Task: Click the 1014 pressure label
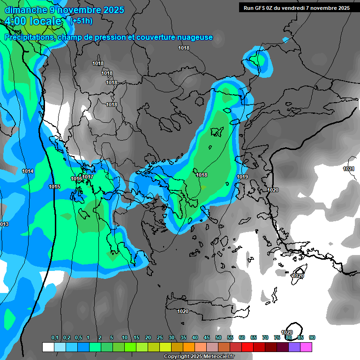28,172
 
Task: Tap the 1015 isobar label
54,187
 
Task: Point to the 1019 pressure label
242,177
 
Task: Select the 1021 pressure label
349,169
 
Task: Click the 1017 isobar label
88,177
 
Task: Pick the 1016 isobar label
76,179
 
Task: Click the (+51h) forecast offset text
81,21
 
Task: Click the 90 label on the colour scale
312,338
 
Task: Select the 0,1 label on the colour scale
55,338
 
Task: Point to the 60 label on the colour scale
242,338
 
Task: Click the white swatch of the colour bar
48,347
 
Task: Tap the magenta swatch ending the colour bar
306,347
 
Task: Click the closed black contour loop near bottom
295,329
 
